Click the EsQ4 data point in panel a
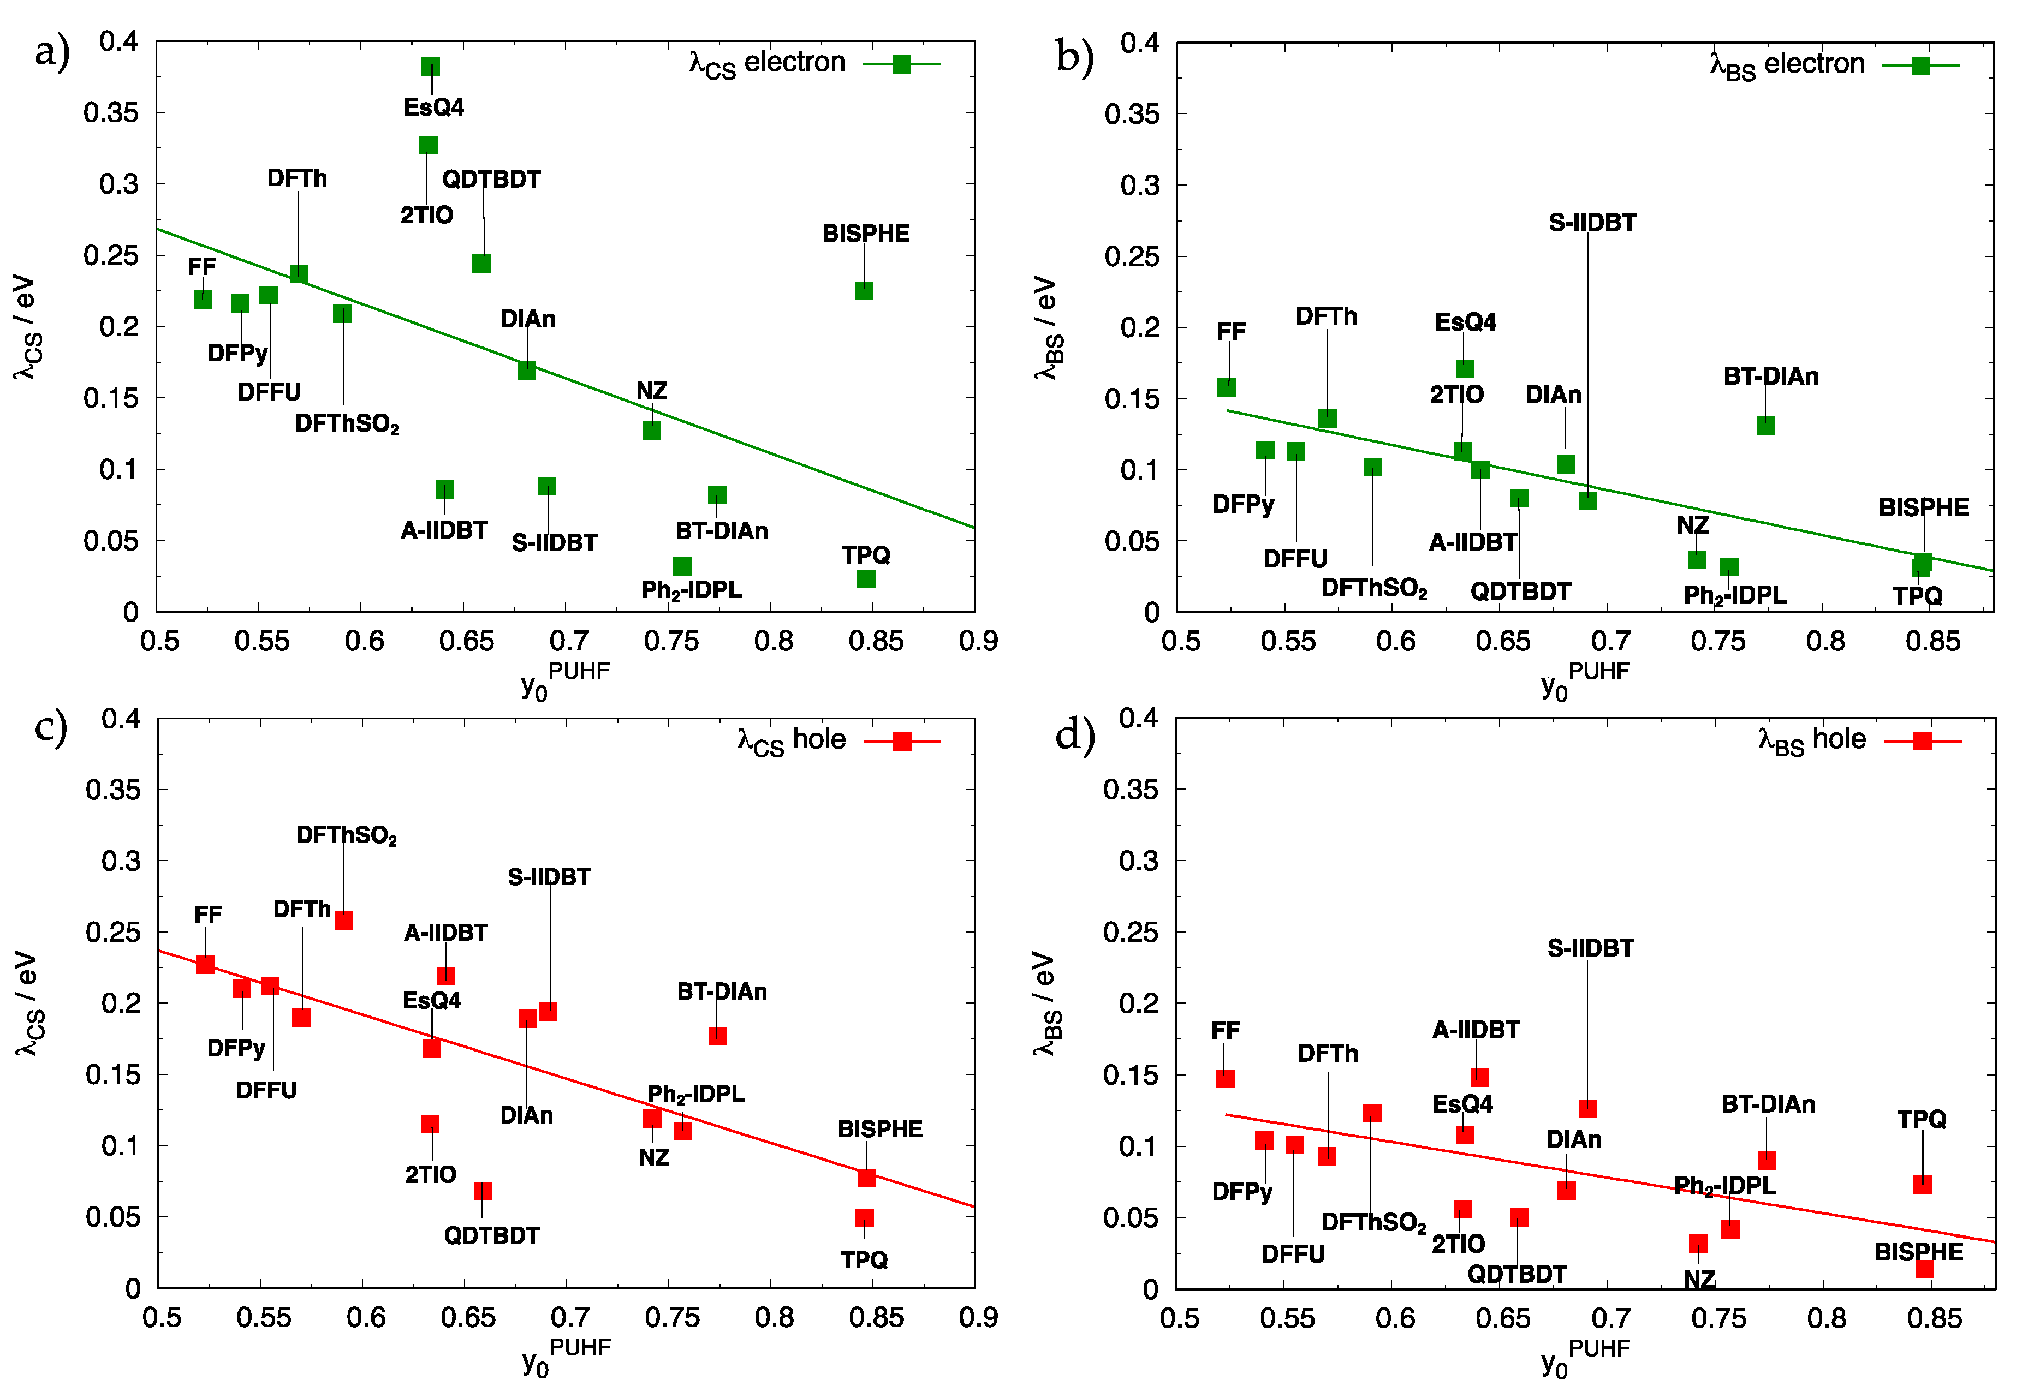click(x=430, y=67)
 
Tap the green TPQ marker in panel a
click(x=866, y=579)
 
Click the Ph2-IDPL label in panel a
click(x=691, y=590)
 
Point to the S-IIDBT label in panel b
click(x=1592, y=223)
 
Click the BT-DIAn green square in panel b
click(x=1766, y=426)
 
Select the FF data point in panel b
click(x=1227, y=387)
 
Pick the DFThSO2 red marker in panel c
click(x=343, y=921)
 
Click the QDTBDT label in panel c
click(x=491, y=1236)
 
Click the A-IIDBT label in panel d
click(x=1476, y=1030)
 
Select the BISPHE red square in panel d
click(x=1924, y=1269)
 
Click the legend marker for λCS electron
click(x=901, y=64)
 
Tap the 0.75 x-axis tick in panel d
click(x=1718, y=1318)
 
